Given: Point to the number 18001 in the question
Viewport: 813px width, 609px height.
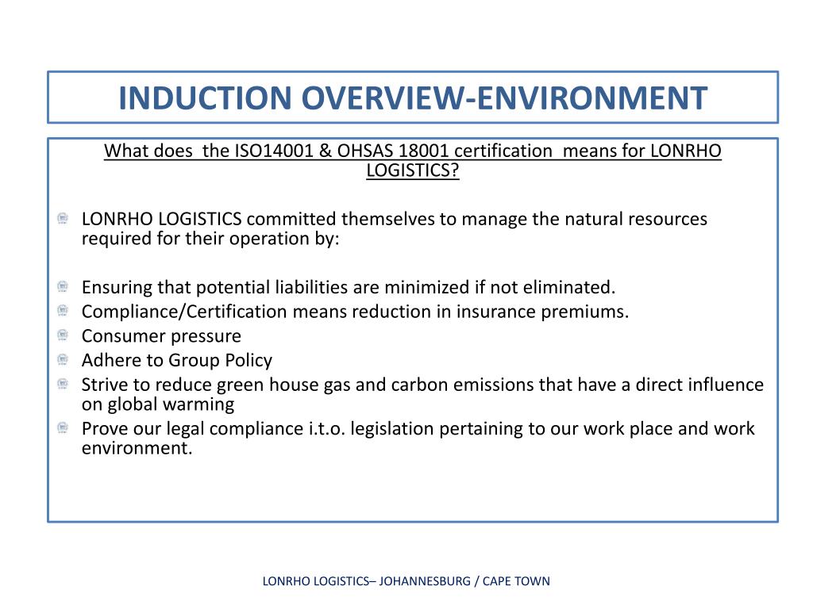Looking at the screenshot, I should (418, 151).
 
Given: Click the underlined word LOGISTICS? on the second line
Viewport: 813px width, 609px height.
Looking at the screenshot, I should (413, 170).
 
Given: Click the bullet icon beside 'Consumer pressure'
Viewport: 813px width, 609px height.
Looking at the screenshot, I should (63, 336).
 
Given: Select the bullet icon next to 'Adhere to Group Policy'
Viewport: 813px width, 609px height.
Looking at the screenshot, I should (63, 361).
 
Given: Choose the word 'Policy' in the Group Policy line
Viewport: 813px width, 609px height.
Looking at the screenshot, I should (249, 361).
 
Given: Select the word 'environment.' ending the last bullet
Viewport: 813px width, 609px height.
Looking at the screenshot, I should (137, 449).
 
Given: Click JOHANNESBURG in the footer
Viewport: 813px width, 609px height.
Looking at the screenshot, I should (425, 581).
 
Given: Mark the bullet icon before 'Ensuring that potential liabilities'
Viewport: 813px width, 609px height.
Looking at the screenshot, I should (63, 286).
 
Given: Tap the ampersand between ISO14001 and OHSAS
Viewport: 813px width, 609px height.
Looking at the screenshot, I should (327, 151).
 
